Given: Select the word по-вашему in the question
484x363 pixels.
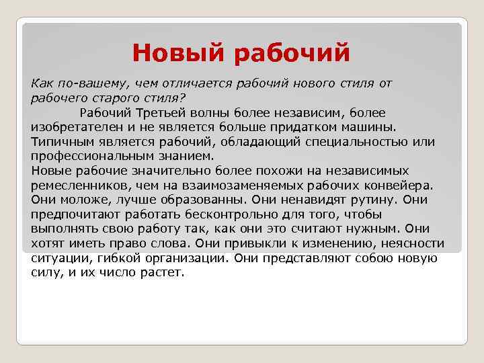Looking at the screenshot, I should click(90, 83).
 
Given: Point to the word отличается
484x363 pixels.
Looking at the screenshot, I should click(190, 83).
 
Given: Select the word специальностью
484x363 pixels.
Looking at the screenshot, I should click(361, 142).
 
